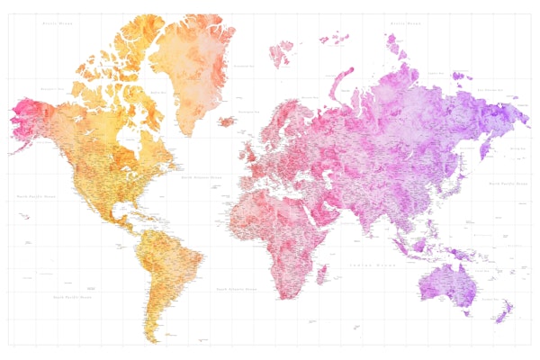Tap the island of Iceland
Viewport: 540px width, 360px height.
pos(227,121)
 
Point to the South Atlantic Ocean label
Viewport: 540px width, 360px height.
pos(237,289)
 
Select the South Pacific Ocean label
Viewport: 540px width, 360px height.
pos(72,296)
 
